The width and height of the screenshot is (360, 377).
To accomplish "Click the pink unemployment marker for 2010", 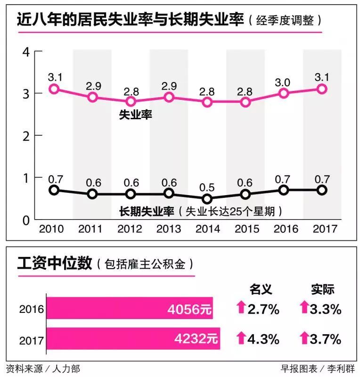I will (54, 89).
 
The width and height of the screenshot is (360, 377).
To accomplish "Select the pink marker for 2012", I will (131, 102).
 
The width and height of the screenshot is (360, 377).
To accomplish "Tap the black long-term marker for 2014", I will (207, 199).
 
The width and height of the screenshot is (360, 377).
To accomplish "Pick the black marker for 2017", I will (322, 190).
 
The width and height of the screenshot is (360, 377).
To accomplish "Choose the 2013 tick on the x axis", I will (170, 229).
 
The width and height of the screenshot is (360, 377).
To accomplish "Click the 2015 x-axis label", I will (246, 229).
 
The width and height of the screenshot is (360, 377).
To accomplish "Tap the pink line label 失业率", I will (136, 114).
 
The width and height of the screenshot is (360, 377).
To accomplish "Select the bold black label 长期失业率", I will (145, 211).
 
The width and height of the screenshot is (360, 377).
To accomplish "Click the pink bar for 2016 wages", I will (130, 309).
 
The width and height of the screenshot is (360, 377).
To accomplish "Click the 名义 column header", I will (261, 288).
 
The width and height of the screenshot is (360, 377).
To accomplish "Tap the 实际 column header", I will (322, 288).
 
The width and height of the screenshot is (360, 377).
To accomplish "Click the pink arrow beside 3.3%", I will (304, 309).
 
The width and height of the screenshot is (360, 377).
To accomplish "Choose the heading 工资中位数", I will (54, 263).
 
